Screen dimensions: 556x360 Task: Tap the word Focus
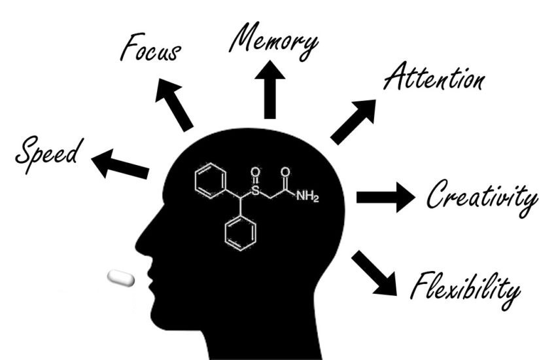tap(150, 48)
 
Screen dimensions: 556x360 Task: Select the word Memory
tap(273, 41)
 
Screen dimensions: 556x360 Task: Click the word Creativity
tap(482, 197)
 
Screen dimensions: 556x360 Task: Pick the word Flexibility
tap(465, 289)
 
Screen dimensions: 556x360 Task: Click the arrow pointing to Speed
tap(120, 164)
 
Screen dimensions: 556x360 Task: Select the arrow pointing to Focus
tap(173, 105)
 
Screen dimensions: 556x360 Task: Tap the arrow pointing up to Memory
tap(270, 90)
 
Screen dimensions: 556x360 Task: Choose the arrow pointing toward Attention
tap(353, 122)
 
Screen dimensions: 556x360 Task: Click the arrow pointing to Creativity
tap(385, 197)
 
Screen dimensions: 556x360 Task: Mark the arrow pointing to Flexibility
tap(374, 273)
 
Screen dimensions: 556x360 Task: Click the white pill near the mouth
tap(121, 278)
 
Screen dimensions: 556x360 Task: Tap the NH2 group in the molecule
tap(307, 196)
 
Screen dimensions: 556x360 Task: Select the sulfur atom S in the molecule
tap(255, 191)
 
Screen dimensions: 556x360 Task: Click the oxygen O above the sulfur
tap(255, 172)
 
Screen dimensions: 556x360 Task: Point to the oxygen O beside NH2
tap(285, 172)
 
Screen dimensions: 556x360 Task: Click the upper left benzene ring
tap(211, 181)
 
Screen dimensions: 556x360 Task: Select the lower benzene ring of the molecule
tap(241, 233)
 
